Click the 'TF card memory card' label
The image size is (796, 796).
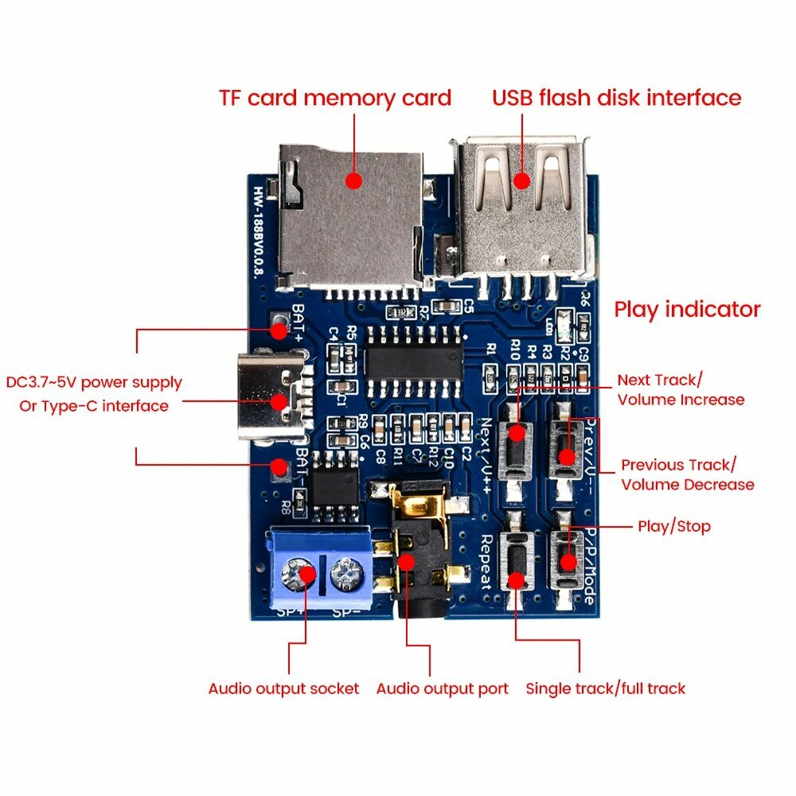(334, 98)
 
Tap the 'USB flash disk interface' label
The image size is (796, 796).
(616, 98)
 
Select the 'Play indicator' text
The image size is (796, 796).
(686, 309)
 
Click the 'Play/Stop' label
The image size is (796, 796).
(673, 526)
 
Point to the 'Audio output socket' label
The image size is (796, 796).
(283, 689)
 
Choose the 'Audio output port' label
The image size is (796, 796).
(442, 689)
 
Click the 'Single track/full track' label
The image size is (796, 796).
(605, 689)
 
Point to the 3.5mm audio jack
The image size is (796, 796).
(414, 557)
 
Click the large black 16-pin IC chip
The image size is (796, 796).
(415, 353)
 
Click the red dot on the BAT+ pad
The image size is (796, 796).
(278, 329)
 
